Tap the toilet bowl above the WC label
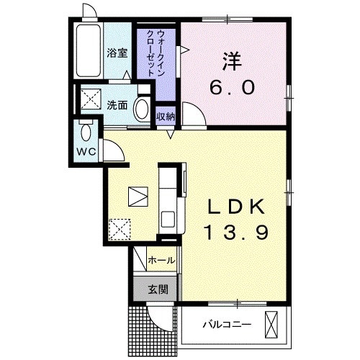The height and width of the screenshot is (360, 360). point(86,132)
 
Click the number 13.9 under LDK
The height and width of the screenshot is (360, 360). point(235,233)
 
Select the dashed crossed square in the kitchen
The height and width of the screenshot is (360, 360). point(119,229)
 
